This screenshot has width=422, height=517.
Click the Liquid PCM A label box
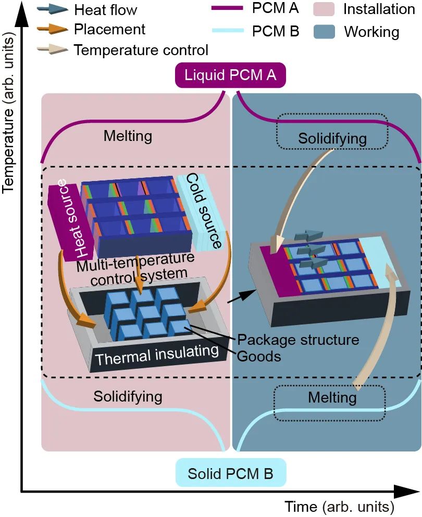click(x=230, y=76)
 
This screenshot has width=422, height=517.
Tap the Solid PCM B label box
click(x=230, y=473)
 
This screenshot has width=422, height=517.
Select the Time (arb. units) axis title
click(x=339, y=506)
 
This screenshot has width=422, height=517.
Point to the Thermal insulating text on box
click(x=156, y=356)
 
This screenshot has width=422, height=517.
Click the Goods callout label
click(x=260, y=356)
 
